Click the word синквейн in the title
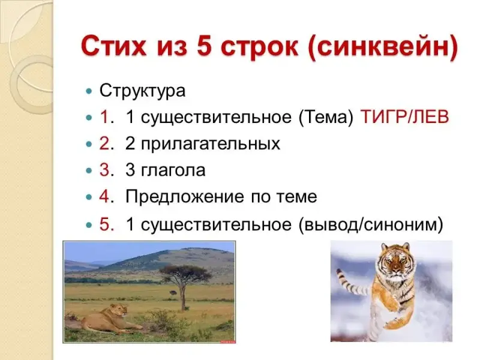[x=382, y=47]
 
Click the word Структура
[x=142, y=91]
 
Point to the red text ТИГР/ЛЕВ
[x=405, y=117]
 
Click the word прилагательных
[x=203, y=144]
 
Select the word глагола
[x=173, y=170]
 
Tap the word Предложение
[x=185, y=197]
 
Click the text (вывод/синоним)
[x=371, y=225]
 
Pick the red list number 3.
[x=104, y=170]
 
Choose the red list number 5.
[x=104, y=224]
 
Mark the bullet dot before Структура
[x=89, y=91]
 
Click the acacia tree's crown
[x=185, y=272]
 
